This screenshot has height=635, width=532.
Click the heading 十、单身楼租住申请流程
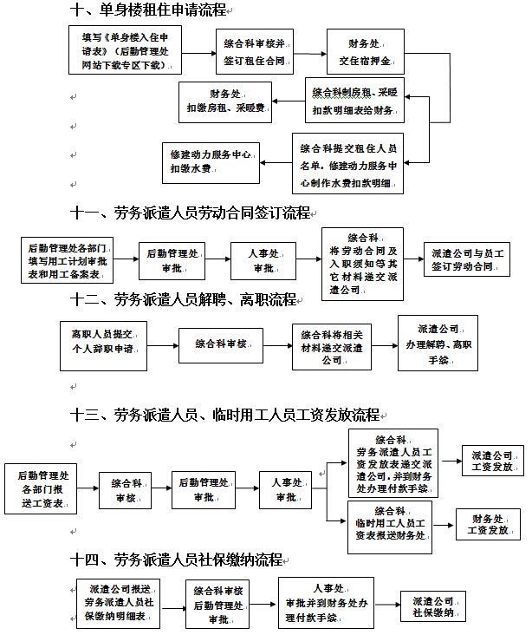(x=149, y=10)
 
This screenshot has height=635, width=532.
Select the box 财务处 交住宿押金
(x=365, y=51)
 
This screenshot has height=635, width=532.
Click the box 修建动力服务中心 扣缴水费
(x=211, y=161)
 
